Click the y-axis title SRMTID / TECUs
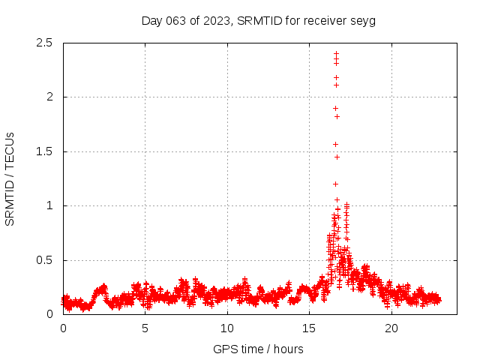(10, 178)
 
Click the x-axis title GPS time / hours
(258, 349)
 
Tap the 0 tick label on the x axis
(63, 328)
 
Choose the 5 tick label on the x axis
(145, 328)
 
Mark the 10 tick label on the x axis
(227, 328)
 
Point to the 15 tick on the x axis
(309, 328)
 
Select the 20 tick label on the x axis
(391, 328)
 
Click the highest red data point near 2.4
(336, 53)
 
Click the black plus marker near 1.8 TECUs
(337, 116)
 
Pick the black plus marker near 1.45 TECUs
(337, 157)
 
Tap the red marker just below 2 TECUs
(335, 108)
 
